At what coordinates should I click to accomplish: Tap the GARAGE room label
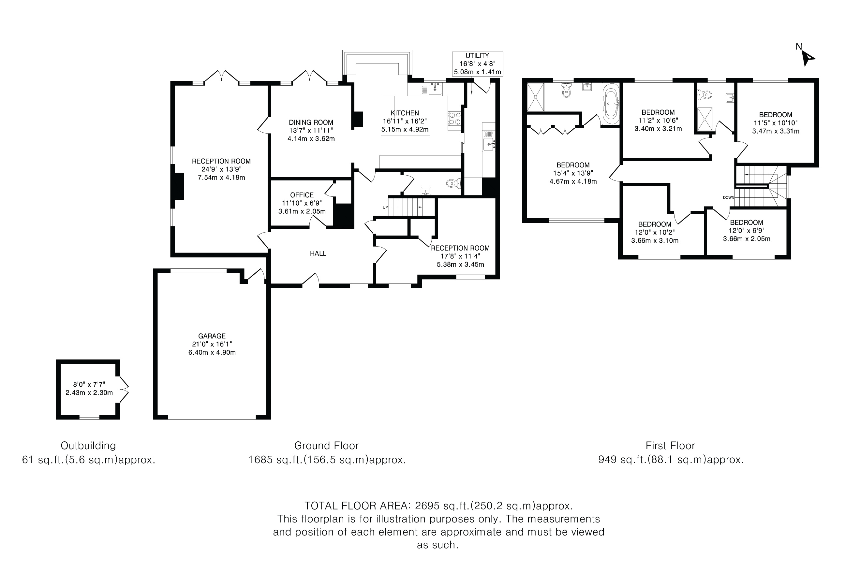pos(212,336)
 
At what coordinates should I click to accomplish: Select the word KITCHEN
pos(405,113)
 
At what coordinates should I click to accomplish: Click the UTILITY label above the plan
pos(477,56)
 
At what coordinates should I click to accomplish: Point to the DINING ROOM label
pos(311,122)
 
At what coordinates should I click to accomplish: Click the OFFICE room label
pos(302,195)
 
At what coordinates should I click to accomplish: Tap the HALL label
pos(318,253)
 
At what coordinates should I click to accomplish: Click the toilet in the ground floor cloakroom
pos(454,183)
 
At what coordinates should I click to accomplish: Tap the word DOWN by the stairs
pos(728,198)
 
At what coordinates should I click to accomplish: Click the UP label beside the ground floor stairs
pos(385,207)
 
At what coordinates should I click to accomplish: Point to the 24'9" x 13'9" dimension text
pos(221,169)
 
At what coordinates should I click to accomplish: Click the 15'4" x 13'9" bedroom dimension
pos(573,173)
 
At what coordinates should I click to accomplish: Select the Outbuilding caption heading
pos(88,446)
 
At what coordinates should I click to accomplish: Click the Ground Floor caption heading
pos(327,446)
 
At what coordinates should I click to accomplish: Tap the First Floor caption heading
pos(670,446)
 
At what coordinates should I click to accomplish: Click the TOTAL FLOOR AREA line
pos(438,506)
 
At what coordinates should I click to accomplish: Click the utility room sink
pos(489,144)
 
